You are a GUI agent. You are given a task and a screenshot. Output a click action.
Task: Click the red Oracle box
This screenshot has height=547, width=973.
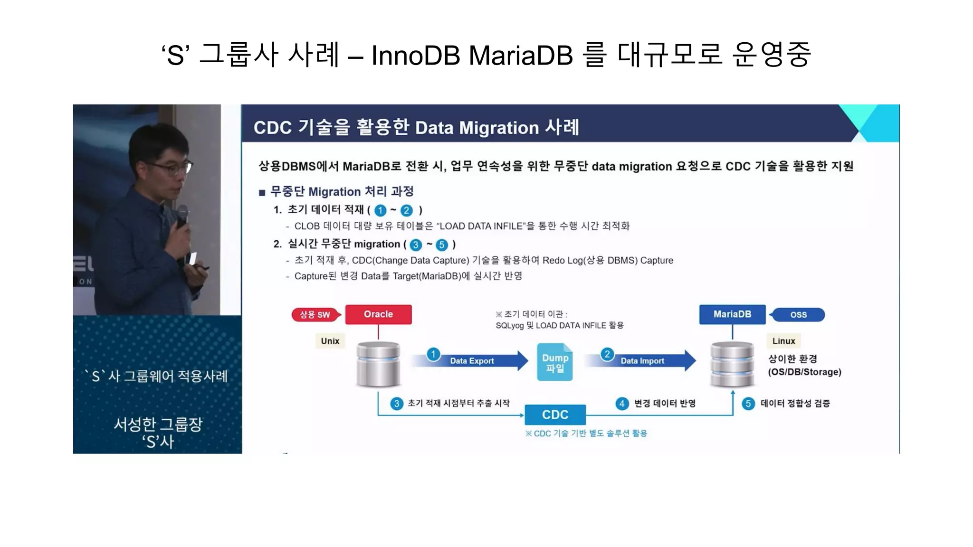pyautogui.click(x=378, y=314)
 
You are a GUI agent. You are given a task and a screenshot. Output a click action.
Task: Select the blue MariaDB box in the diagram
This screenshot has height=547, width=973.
pyautogui.click(x=732, y=314)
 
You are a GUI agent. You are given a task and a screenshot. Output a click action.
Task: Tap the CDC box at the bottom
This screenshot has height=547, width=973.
pyautogui.click(x=555, y=415)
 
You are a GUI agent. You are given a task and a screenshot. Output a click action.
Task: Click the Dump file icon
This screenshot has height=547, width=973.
pyautogui.click(x=555, y=362)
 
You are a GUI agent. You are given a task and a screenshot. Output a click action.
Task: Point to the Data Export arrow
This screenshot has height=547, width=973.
pyautogui.click(x=470, y=361)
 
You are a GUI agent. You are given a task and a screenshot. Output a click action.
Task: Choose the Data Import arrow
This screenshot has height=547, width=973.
pyautogui.click(x=641, y=361)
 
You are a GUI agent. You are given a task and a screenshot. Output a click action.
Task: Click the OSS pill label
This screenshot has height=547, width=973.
pyautogui.click(x=798, y=315)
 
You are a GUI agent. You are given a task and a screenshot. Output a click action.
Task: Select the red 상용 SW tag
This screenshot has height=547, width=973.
pyautogui.click(x=315, y=314)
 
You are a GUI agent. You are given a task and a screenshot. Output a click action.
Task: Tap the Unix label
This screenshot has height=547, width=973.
pyautogui.click(x=330, y=341)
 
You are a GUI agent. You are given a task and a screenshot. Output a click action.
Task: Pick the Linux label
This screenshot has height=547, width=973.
pyautogui.click(x=783, y=341)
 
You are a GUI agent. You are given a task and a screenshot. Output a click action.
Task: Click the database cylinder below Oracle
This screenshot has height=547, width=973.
pyautogui.click(x=378, y=365)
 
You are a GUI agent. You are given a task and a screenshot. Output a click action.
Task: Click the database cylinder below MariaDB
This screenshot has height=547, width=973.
pyautogui.click(x=732, y=365)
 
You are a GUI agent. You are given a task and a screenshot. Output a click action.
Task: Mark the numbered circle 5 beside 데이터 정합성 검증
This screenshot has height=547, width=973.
pyautogui.click(x=748, y=404)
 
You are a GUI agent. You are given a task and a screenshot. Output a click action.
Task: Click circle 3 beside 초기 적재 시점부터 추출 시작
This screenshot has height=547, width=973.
pyautogui.click(x=397, y=404)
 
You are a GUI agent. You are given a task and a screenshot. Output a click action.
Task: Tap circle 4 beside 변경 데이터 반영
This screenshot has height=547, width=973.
pyautogui.click(x=622, y=404)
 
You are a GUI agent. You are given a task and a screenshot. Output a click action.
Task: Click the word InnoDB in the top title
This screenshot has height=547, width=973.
pyautogui.click(x=416, y=55)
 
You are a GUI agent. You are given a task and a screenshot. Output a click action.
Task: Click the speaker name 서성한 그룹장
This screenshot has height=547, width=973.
pyautogui.click(x=158, y=424)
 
